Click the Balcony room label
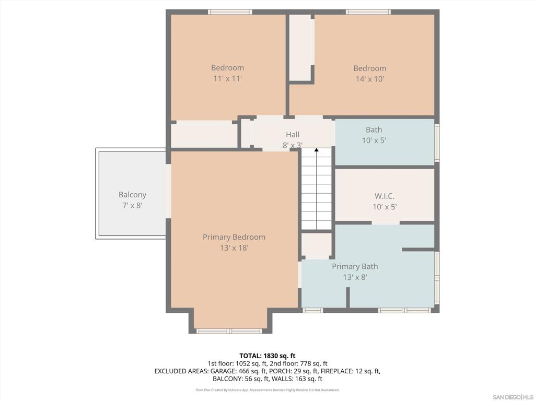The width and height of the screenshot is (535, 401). pyautogui.click(x=132, y=195)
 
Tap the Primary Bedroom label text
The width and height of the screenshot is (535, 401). pyautogui.click(x=234, y=237)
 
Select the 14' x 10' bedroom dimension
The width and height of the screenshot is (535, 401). pyautogui.click(x=370, y=79)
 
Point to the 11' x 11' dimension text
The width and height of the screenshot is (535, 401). pyautogui.click(x=228, y=78)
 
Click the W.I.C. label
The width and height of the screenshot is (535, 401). pyautogui.click(x=385, y=196)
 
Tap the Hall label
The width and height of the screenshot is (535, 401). pyautogui.click(x=293, y=135)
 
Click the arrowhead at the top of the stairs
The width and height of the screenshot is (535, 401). pyautogui.click(x=317, y=150)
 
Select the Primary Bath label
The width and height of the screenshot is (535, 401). pyautogui.click(x=355, y=266)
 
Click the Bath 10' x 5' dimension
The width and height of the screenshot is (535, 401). pyautogui.click(x=374, y=140)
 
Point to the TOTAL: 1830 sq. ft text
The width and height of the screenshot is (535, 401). pyautogui.click(x=267, y=356)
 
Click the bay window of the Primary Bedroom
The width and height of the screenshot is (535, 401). pyautogui.click(x=229, y=331)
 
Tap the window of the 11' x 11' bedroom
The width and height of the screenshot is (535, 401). pyautogui.click(x=230, y=12)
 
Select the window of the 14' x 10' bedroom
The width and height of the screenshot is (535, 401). pyautogui.click(x=368, y=12)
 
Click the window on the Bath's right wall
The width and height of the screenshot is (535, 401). pyautogui.click(x=437, y=143)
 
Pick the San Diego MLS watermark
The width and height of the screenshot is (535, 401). pyautogui.click(x=513, y=397)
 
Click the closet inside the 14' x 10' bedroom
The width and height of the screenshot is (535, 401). pyautogui.click(x=301, y=48)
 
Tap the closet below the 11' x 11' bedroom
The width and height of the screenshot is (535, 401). pyautogui.click(x=204, y=135)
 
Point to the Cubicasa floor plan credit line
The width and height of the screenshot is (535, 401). pyautogui.click(x=267, y=390)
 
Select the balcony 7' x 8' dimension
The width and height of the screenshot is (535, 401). pyautogui.click(x=132, y=206)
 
